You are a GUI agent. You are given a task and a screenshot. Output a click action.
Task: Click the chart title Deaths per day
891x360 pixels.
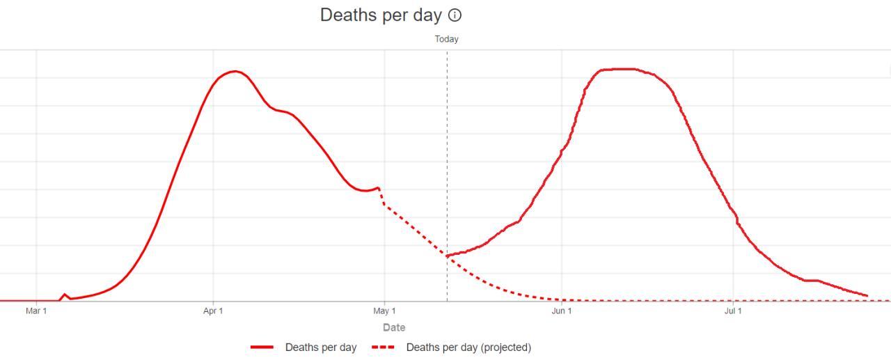(381, 15)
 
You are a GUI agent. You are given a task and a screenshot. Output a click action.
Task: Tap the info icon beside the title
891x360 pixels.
(455, 15)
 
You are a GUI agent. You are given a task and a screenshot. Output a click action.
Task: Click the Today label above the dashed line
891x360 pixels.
(447, 39)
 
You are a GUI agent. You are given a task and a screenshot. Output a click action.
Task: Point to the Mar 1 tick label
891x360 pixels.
(36, 311)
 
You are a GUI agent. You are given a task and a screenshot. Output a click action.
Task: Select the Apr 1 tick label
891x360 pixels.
(213, 311)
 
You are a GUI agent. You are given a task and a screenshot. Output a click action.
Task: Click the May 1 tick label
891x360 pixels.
(384, 311)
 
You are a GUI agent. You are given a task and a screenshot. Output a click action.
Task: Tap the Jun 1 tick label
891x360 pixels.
(562, 311)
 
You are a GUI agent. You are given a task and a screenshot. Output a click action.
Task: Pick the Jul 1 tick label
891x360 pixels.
(733, 311)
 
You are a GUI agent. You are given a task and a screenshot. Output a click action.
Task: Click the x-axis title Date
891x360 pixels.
(394, 327)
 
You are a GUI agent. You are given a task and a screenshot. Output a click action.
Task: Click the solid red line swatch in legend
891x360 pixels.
(262, 347)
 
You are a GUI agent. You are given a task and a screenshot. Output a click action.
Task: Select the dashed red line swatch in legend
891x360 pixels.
(383, 347)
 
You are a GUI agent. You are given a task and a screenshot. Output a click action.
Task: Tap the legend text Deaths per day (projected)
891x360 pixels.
(468, 347)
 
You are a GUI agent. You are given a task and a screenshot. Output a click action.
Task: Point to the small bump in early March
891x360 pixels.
(65, 295)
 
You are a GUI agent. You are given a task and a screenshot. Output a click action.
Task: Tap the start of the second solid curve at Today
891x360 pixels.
(448, 256)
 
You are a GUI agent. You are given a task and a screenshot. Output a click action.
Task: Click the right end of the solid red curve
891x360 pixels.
(867, 296)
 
